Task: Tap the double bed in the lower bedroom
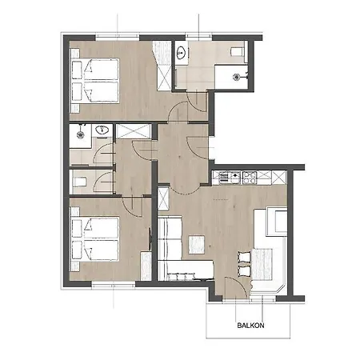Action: coord(94,238)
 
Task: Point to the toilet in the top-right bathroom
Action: coord(238,52)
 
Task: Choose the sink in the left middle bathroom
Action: coord(102,131)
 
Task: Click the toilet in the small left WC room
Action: coord(80,178)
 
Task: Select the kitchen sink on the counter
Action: coord(226,176)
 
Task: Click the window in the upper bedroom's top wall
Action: coord(104,36)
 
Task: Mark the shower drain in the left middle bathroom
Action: coord(80,137)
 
